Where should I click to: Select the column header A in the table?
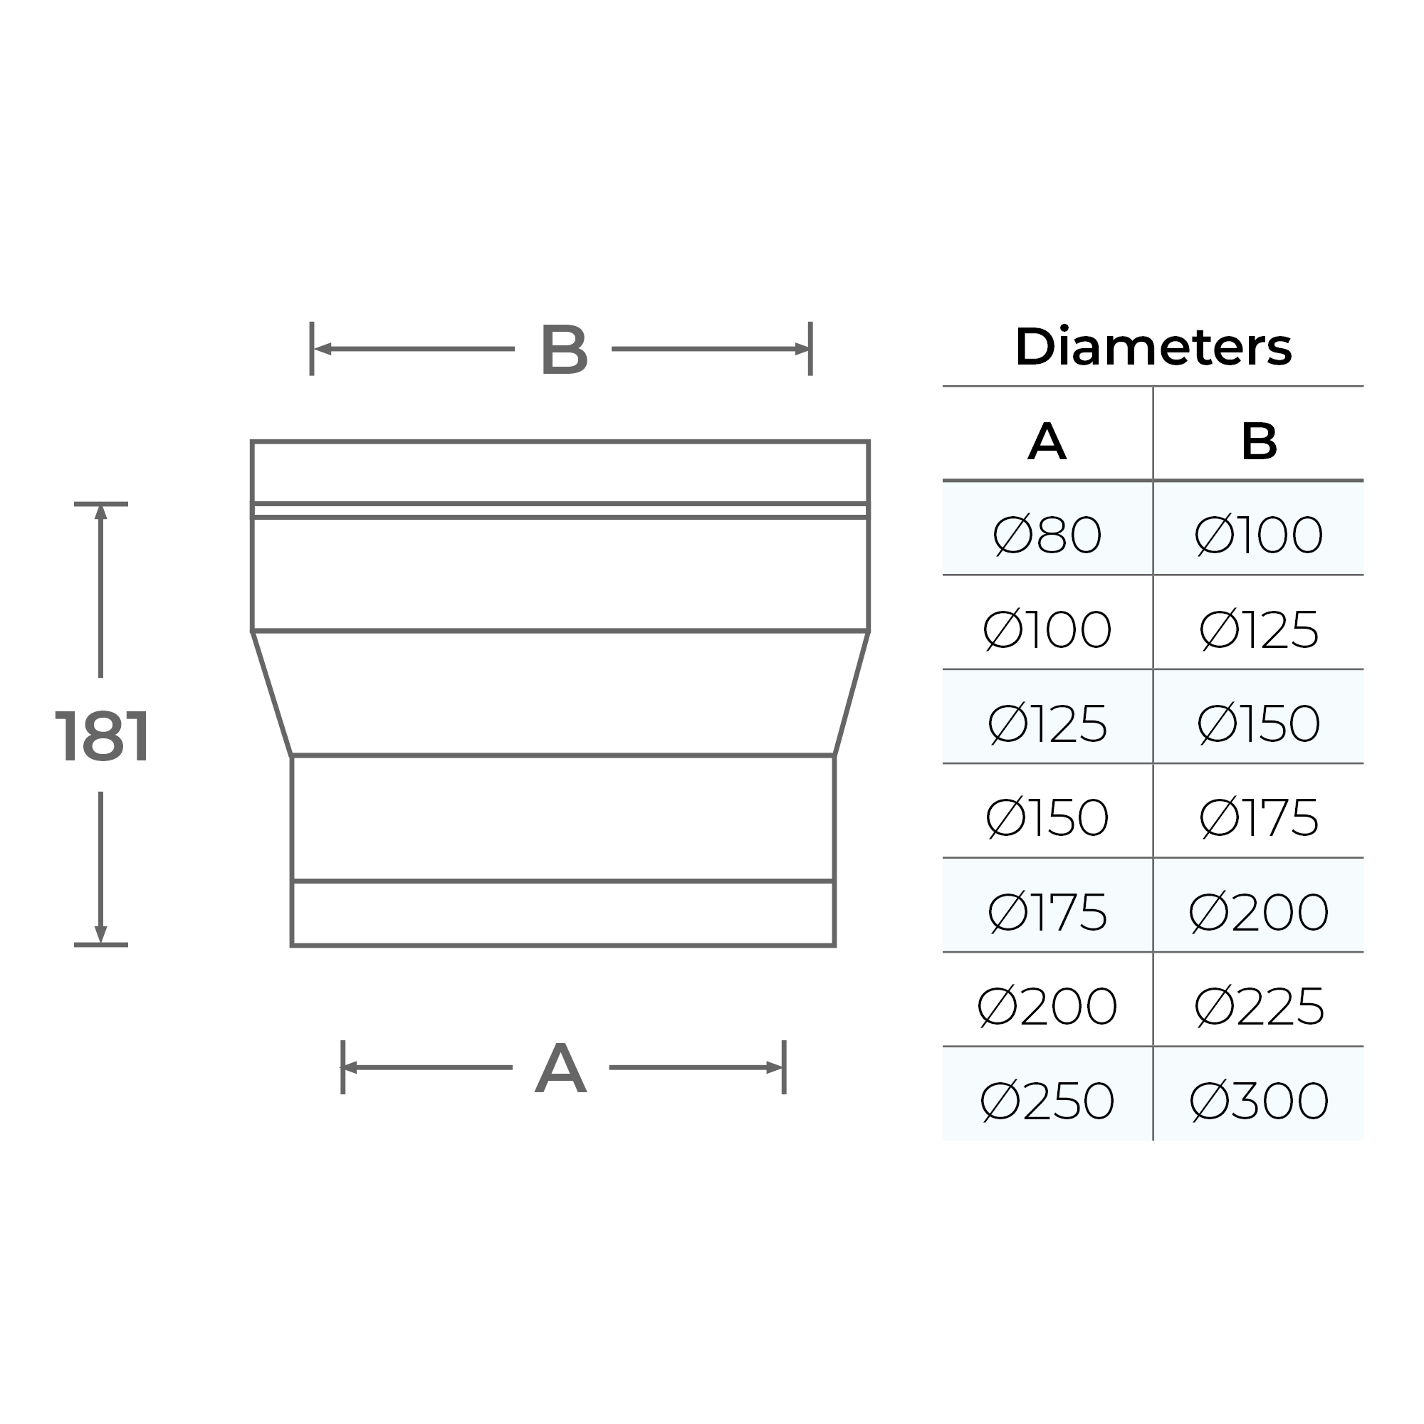[x=1047, y=441]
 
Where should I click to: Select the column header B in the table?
[x=1258, y=441]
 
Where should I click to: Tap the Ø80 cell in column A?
[x=1047, y=535]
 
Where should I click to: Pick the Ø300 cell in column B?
[x=1258, y=1101]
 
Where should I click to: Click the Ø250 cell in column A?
[x=1047, y=1101]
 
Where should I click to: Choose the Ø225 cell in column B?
[x=1258, y=1006]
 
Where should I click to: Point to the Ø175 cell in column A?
[x=1047, y=912]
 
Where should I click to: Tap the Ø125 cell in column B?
[x=1258, y=629]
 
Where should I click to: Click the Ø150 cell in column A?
[x=1047, y=817]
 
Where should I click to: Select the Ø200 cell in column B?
[x=1258, y=912]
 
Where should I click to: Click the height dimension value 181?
[x=103, y=736]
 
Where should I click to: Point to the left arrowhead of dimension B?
[x=323, y=349]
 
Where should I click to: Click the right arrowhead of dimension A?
[x=774, y=1067]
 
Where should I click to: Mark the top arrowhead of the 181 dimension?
[x=101, y=511]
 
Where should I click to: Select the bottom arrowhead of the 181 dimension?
[x=101, y=936]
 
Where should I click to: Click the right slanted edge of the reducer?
[x=852, y=693]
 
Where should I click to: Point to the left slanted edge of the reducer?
[x=272, y=693]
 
